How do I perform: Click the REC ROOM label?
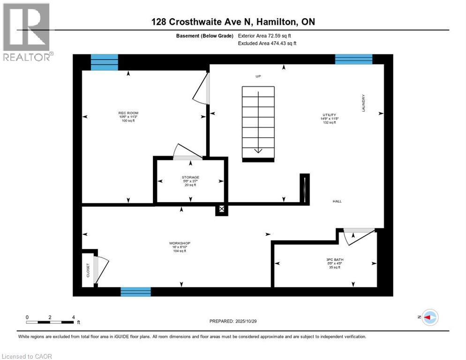[x=128, y=113]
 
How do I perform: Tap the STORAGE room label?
[x=190, y=177]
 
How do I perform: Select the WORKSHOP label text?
[x=180, y=243]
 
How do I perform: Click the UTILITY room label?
[x=329, y=115]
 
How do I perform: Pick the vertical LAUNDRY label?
[x=363, y=103]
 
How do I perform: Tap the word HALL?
[x=337, y=201]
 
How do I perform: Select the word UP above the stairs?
[x=258, y=76]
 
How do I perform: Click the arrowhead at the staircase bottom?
[x=258, y=150]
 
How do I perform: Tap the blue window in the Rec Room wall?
[x=104, y=62]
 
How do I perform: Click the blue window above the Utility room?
[x=353, y=59]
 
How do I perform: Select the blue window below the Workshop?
[x=135, y=292]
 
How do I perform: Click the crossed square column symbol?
[x=222, y=210]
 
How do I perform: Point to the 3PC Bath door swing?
[x=356, y=237]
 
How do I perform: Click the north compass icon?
[x=429, y=317]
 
